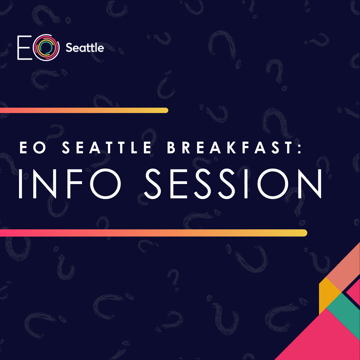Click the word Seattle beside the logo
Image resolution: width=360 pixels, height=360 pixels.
(x=85, y=48)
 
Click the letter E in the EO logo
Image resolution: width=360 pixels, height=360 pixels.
(x=24, y=48)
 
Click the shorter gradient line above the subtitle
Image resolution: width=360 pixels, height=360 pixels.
(x=83, y=110)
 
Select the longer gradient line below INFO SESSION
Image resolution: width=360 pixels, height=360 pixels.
(x=153, y=233)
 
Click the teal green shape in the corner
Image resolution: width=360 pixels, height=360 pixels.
(x=343, y=313)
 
